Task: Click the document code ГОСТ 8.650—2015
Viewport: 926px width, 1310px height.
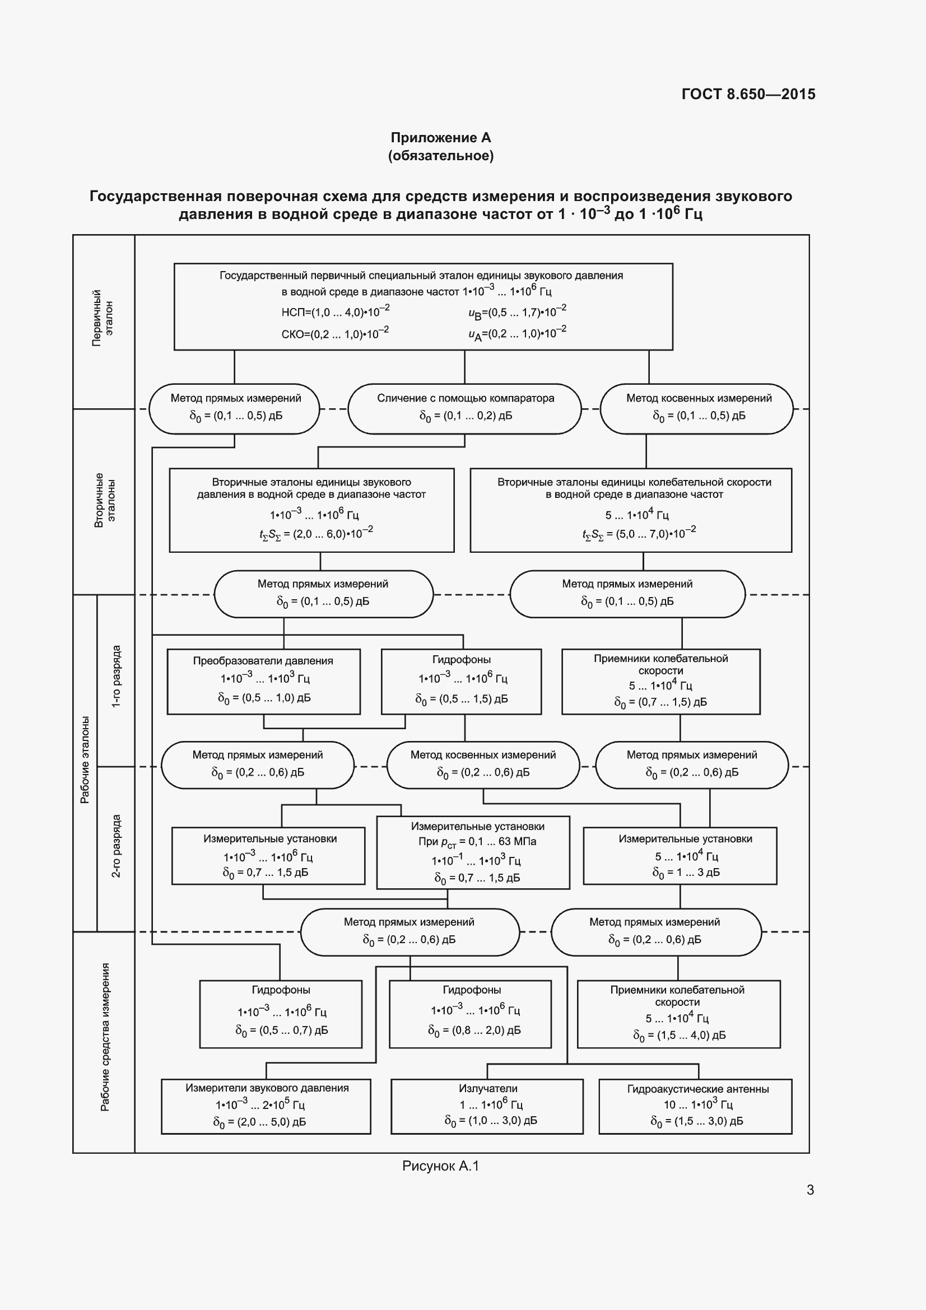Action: [748, 94]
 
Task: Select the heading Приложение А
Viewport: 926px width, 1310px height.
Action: [440, 138]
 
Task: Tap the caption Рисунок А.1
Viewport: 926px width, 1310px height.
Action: [440, 1166]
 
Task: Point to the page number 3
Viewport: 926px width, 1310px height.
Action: [809, 1190]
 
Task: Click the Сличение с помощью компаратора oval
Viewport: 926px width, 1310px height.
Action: [464, 408]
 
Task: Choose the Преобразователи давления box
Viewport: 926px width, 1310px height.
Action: [263, 681]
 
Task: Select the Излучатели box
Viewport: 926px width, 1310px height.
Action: [487, 1106]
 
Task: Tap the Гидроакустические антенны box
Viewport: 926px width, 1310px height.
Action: [695, 1106]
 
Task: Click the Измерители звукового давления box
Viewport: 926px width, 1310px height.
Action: [266, 1106]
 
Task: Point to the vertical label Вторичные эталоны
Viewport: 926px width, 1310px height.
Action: [104, 500]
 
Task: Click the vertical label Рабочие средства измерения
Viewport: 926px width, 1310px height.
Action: [105, 1037]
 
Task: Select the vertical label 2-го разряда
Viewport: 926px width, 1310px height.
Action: [116, 846]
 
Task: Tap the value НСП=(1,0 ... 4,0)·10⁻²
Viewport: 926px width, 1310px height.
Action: [336, 311]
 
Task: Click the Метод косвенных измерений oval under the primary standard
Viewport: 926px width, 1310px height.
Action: [697, 408]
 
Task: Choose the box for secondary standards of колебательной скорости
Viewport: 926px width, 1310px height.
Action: [630, 510]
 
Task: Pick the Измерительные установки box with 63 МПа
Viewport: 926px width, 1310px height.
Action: [473, 852]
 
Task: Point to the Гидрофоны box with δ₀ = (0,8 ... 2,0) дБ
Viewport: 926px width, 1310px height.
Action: [470, 1014]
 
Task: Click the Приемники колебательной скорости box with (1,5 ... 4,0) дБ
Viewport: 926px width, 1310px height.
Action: [678, 1014]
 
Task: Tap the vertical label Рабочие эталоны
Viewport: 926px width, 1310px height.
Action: [85, 760]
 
